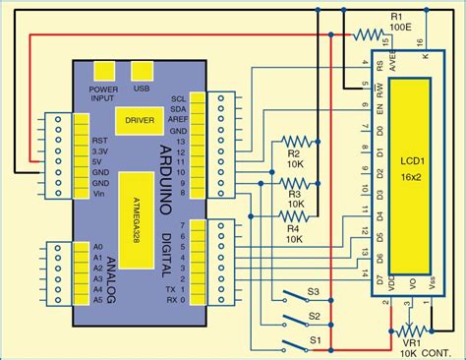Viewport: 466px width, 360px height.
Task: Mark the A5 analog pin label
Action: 96,303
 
